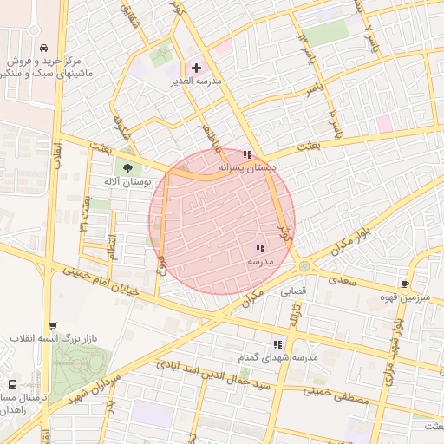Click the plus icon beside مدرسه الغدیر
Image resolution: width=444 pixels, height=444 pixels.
pyautogui.click(x=196, y=68)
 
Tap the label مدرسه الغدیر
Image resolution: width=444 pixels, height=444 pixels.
pyautogui.click(x=220, y=82)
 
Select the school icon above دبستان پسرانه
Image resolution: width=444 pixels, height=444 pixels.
pyautogui.click(x=247, y=154)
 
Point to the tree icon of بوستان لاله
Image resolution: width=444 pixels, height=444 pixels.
pyautogui.click(x=128, y=168)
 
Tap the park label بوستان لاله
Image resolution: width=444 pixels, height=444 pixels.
pyautogui.click(x=127, y=182)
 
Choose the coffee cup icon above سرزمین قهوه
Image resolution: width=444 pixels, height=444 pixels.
pyautogui.click(x=405, y=284)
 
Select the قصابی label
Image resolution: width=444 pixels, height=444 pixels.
pyautogui.click(x=291, y=293)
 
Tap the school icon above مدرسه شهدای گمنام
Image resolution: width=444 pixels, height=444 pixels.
pyautogui.click(x=277, y=344)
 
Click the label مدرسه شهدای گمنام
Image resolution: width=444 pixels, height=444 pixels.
pyautogui.click(x=278, y=357)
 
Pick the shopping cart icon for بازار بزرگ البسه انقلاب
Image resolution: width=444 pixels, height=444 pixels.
pyautogui.click(x=52, y=326)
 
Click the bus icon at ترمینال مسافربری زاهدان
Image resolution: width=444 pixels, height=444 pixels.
pyautogui.click(x=12, y=383)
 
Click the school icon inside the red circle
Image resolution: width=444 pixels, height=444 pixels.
pyautogui.click(x=260, y=248)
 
